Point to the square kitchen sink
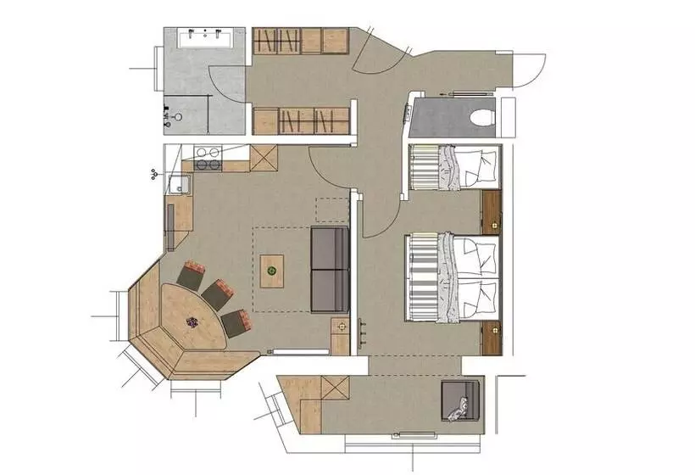click(178, 183)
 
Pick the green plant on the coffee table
click(271, 271)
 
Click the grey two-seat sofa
click(330, 269)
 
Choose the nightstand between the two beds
click(491, 212)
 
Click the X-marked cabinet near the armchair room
click(335, 389)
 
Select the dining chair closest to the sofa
click(235, 321)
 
